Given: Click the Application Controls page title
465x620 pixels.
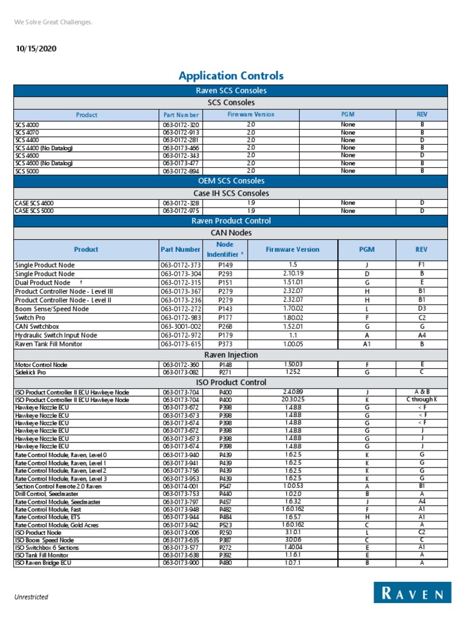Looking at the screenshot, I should (x=231, y=76).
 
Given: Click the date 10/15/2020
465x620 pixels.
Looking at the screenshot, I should (x=37, y=48).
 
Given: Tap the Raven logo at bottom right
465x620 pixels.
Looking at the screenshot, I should (x=412, y=593).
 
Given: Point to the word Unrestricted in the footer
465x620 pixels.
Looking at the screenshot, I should (x=31, y=597).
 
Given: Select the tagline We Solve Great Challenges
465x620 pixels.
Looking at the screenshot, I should (x=53, y=22).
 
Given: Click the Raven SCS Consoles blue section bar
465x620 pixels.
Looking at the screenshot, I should (x=231, y=91).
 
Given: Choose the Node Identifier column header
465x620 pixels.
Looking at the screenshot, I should (x=225, y=249).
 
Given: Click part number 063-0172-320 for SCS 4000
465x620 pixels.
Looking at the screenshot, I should (x=180, y=124).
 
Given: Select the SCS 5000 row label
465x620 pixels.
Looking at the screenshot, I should (x=27, y=171).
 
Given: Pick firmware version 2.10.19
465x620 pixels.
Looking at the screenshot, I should (x=292, y=274).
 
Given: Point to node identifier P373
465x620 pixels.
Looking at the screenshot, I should (x=225, y=344).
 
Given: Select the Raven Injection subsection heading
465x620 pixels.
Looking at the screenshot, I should (x=231, y=355).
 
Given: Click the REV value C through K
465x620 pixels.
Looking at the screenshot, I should (x=421, y=400).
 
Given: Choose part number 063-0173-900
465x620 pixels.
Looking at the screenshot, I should (x=180, y=563).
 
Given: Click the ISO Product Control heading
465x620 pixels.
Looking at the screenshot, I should (x=231, y=382).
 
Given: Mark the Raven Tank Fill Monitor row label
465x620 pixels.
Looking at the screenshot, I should (x=48, y=344).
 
